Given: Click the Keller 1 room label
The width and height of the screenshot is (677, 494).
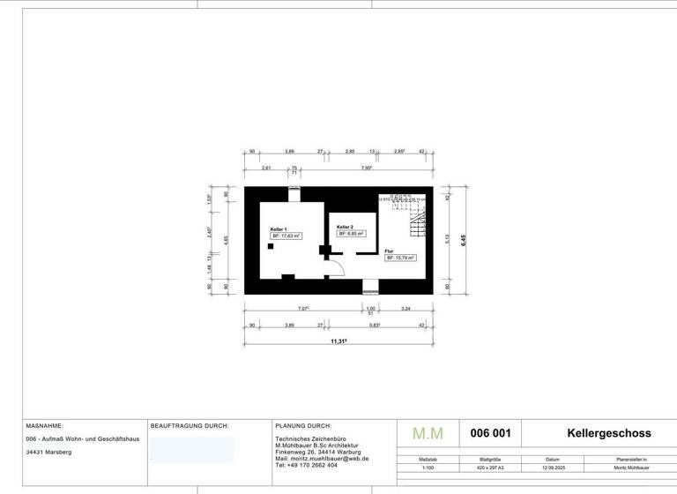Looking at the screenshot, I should point(279,229).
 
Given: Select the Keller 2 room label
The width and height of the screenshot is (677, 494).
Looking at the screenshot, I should point(345,227).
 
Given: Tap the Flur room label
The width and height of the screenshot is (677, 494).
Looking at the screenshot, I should point(389,251).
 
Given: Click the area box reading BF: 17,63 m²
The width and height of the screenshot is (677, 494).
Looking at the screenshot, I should point(286,236).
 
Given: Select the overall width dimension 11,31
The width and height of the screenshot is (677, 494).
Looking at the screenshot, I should point(338,341).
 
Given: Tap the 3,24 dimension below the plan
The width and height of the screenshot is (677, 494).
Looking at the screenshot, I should point(405,309).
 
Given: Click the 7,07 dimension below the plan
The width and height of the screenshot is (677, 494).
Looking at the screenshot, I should point(303,309).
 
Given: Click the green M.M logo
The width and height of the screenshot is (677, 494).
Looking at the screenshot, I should point(428,434).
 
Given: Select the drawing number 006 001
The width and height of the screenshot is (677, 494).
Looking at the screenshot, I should point(491,433).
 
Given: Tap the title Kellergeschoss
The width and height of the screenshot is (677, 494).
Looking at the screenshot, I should point(608,433).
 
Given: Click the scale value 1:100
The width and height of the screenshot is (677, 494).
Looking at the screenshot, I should point(428,468).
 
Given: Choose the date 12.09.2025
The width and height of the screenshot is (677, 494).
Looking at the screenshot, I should point(553,468).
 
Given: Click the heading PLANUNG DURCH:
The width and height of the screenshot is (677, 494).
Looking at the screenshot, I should point(303,425).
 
